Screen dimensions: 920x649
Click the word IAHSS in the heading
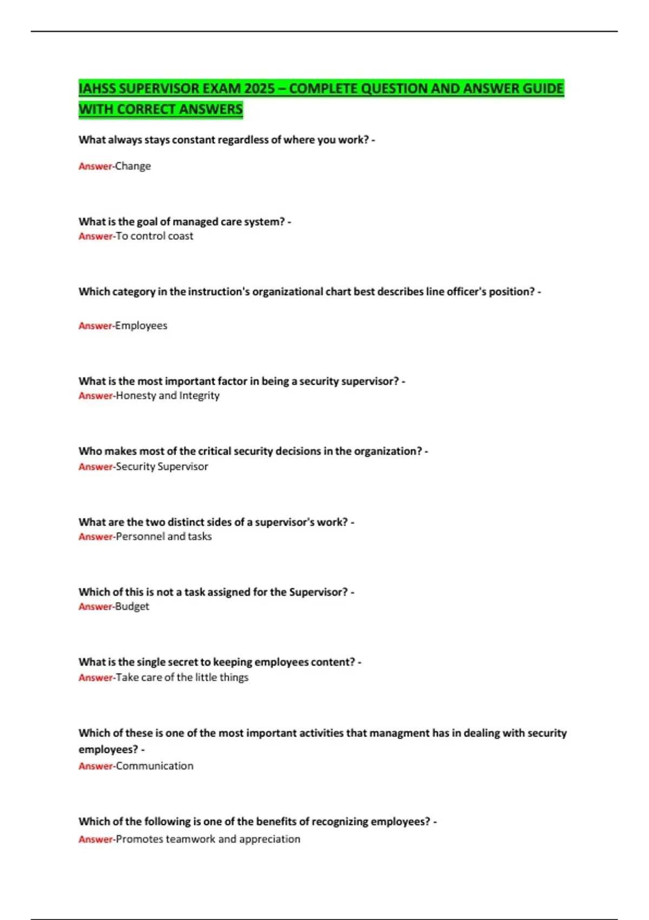(97, 88)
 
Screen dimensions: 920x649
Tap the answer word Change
(133, 166)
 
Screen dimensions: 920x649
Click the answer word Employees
(141, 326)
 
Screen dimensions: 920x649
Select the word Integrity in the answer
(200, 396)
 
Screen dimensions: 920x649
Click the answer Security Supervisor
(162, 466)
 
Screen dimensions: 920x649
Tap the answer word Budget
(132, 607)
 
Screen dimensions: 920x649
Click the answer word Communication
(155, 766)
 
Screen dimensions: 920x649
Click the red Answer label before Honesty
(95, 396)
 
